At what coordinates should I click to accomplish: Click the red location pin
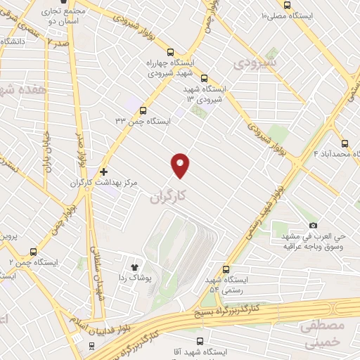click(181, 165)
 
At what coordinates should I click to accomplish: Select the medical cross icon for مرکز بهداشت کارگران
click(103, 171)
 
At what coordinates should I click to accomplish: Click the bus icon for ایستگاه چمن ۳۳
click(143, 110)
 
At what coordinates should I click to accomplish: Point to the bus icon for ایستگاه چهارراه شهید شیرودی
click(170, 51)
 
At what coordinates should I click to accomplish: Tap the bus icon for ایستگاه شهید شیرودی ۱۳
click(205, 79)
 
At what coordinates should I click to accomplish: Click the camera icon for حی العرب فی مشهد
click(313, 225)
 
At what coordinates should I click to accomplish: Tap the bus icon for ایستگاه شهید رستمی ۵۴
click(226, 269)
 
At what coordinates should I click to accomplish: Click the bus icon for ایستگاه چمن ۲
click(34, 251)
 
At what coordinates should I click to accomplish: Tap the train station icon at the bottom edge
click(91, 346)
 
